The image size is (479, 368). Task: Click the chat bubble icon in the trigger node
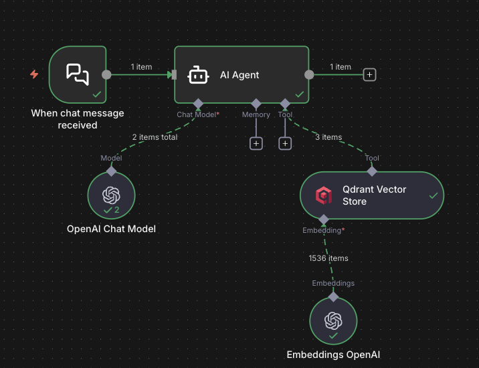(78, 74)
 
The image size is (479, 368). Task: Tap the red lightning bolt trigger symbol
(34, 74)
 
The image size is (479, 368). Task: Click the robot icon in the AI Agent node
(198, 75)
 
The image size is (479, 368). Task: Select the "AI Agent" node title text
(239, 75)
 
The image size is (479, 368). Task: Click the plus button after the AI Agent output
(369, 75)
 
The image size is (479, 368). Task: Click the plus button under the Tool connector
(285, 143)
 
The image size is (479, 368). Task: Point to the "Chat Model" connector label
(197, 114)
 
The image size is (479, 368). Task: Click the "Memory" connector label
(256, 114)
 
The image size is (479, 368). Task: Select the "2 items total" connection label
(155, 137)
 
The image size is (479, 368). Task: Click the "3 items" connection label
(328, 137)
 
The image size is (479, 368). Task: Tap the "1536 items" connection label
(328, 258)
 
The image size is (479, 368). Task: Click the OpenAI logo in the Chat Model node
(111, 194)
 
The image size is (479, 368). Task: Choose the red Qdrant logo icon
(324, 195)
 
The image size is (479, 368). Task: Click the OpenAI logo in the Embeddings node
(333, 320)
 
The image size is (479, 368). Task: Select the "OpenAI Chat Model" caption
(111, 229)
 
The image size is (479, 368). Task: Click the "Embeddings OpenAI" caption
(333, 355)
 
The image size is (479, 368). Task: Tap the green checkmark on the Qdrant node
(433, 195)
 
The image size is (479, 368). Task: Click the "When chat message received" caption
(78, 119)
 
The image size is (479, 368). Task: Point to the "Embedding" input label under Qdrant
(323, 230)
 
